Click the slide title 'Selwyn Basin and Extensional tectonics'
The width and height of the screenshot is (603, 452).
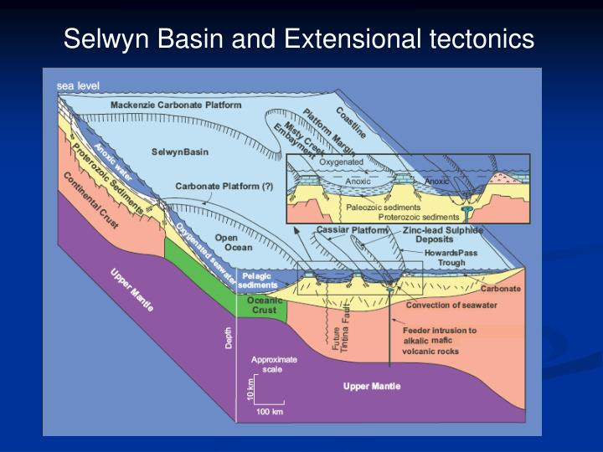pyautogui.click(x=300, y=39)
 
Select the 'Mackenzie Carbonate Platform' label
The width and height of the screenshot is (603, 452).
pyautogui.click(x=176, y=105)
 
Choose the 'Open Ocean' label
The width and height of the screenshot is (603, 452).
pyautogui.click(x=227, y=243)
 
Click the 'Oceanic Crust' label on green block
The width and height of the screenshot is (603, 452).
pyautogui.click(x=265, y=305)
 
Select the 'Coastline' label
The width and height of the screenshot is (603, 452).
pyautogui.click(x=351, y=125)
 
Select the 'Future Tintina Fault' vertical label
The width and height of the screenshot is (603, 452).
pyautogui.click(x=341, y=334)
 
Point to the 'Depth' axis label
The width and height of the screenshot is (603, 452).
pyautogui.click(x=229, y=338)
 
